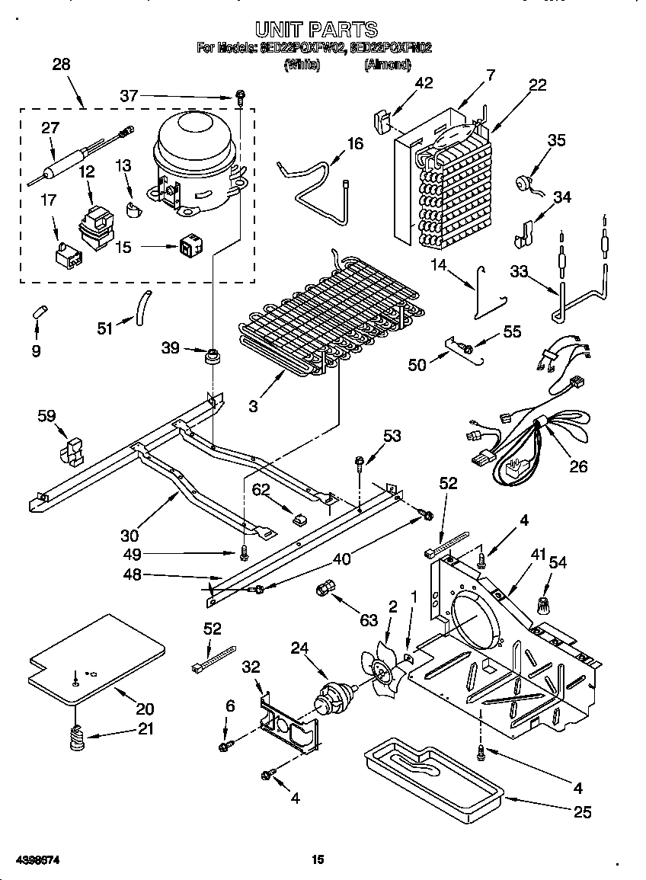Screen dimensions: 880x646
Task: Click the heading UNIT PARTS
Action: (x=315, y=30)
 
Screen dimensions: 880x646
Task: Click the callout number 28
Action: (x=61, y=65)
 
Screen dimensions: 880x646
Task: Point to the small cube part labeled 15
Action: (x=188, y=245)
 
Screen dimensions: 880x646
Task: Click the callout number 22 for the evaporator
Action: (x=538, y=85)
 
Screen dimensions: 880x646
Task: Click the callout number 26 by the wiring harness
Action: (x=579, y=466)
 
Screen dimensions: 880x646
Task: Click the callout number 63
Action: (x=369, y=620)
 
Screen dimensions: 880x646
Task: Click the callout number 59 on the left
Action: (x=46, y=416)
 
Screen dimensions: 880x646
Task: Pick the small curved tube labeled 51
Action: (x=142, y=310)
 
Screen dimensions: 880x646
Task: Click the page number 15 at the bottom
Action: (x=318, y=860)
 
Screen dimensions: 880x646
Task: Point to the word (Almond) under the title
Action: (x=388, y=65)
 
